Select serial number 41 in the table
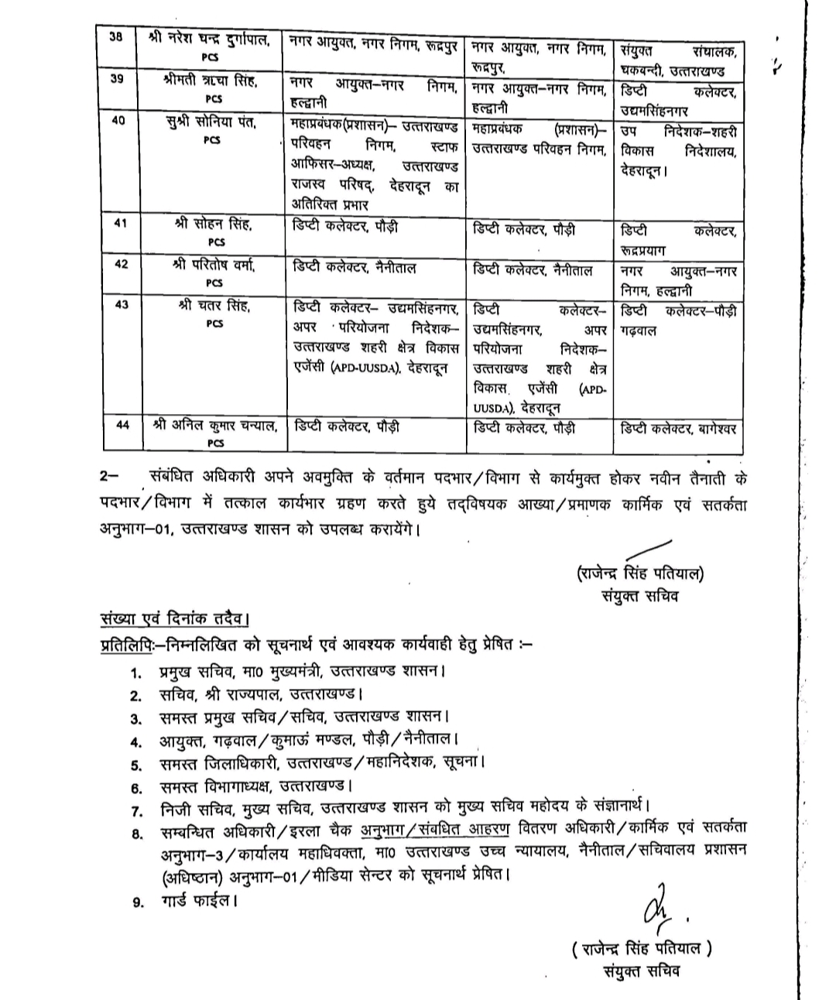[120, 224]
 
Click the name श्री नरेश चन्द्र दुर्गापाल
[211, 39]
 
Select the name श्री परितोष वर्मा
[214, 265]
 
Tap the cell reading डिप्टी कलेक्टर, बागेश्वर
[678, 427]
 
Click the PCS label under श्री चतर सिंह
[215, 324]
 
